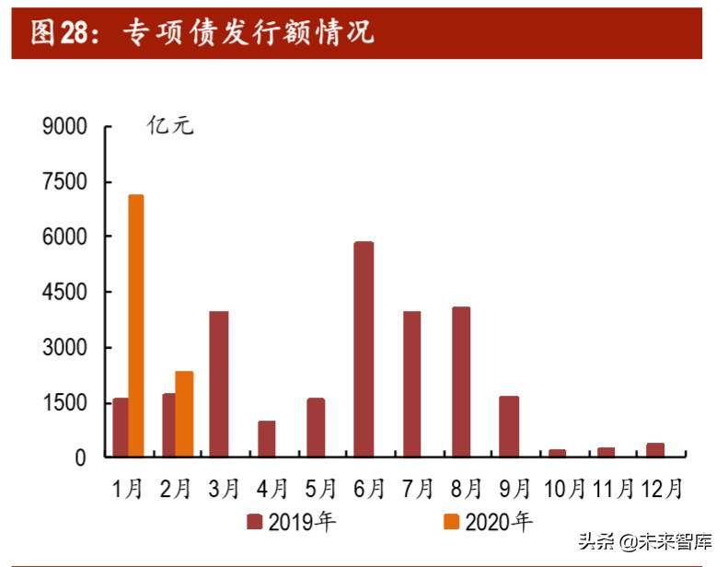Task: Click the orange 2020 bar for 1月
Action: tap(136, 326)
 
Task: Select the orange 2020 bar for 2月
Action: tap(184, 413)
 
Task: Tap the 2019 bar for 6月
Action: tap(364, 349)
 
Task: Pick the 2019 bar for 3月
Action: tap(219, 384)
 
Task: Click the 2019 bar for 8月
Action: tap(461, 382)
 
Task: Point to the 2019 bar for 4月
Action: tap(267, 439)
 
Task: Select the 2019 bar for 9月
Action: tap(509, 426)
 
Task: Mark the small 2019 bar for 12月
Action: tap(654, 450)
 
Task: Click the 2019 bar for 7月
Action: tap(412, 384)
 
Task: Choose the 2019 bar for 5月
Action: tap(316, 427)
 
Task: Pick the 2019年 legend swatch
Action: tap(255, 523)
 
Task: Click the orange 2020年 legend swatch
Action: tap(452, 523)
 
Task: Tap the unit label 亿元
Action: tap(170, 127)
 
